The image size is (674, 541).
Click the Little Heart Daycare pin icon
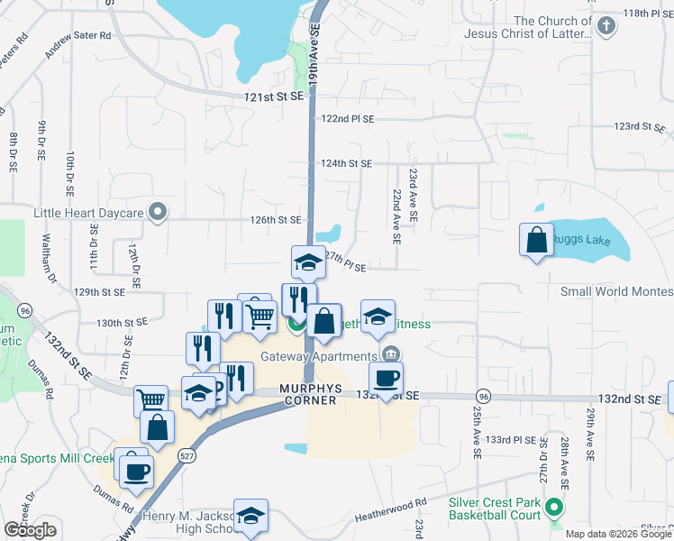coord(159,214)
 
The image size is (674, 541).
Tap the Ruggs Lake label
coord(582,241)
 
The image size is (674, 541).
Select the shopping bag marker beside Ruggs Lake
coord(537,241)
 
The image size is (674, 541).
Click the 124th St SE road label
coord(346,163)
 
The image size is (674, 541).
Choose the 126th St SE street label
coord(275,219)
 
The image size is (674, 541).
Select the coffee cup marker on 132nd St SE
coord(386,378)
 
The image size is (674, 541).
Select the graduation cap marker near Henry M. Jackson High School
coord(251,515)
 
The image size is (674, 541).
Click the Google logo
coord(31,530)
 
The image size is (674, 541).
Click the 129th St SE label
coord(99,292)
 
